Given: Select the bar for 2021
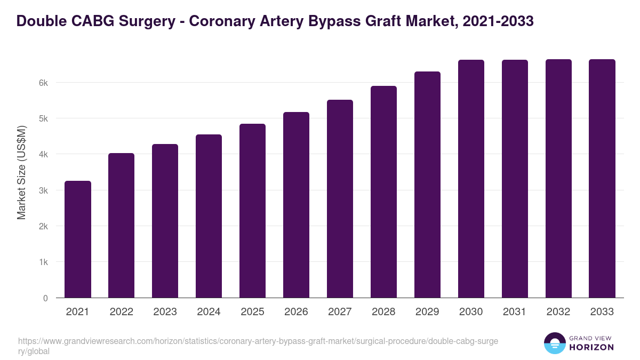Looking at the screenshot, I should [78, 239].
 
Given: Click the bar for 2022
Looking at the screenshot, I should [122, 226].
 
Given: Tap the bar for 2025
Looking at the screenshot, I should [253, 211].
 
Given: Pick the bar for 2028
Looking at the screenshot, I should [384, 192].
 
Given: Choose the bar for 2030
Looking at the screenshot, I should [471, 179].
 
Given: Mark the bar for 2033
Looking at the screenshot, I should [603, 179].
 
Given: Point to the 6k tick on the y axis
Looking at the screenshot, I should [44, 83].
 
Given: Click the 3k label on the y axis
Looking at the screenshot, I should [44, 190].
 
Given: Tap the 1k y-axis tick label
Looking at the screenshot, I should [44, 262].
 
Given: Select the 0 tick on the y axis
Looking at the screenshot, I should [45, 298].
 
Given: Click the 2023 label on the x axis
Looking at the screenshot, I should [165, 312].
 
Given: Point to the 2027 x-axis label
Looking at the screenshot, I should [340, 312].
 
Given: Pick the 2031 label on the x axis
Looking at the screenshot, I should [515, 312].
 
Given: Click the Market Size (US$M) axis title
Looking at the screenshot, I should [22, 172].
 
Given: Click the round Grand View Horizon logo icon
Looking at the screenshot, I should [555, 343].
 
